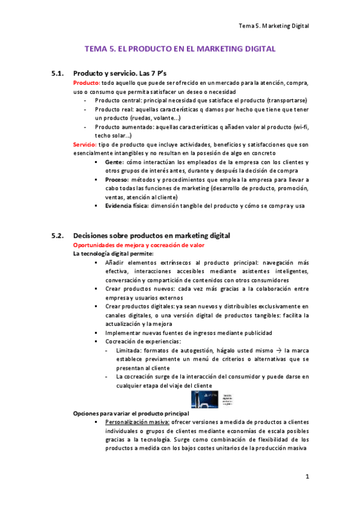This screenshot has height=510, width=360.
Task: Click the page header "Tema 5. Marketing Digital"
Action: click(x=273, y=26)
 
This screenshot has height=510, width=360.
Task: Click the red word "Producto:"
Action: click(x=87, y=83)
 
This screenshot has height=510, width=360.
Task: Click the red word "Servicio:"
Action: click(x=86, y=145)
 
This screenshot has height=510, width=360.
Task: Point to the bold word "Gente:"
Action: click(x=114, y=163)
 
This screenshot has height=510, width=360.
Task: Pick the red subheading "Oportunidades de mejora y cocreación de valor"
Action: click(x=138, y=245)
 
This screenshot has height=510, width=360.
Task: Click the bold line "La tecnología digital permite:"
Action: click(x=113, y=253)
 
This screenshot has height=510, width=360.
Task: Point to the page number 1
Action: click(x=307, y=477)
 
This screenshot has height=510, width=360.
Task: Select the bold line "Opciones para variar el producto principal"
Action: click(x=130, y=414)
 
